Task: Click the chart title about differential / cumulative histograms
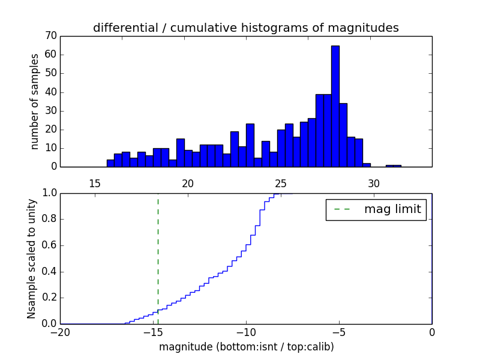(245, 28)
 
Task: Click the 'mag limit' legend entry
(376, 209)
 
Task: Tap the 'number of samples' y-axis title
(35, 101)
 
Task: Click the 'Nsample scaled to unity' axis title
(31, 258)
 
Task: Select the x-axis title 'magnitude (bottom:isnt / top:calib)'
(245, 347)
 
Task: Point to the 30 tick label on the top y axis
(50, 111)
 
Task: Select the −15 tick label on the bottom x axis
(152, 333)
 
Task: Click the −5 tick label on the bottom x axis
(338, 333)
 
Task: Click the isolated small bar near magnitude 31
(394, 166)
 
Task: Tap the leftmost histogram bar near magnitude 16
(110, 163)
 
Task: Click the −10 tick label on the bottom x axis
(245, 333)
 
